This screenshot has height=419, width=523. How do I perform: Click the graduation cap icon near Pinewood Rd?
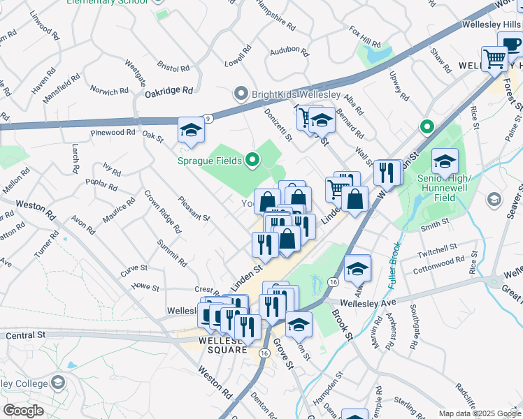coord(191,131)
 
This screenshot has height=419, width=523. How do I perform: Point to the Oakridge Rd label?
coord(169,91)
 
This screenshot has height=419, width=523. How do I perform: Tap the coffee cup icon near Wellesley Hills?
coord(511,44)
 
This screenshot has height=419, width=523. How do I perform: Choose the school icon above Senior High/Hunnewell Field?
coord(445,162)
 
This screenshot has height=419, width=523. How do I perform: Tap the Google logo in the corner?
coord(23,411)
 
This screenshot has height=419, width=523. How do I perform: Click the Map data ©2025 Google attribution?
coord(480,413)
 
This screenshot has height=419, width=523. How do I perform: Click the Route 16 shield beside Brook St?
coord(332,281)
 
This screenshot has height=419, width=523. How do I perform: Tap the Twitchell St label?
coord(437,249)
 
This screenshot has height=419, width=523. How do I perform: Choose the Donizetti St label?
coord(278,124)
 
